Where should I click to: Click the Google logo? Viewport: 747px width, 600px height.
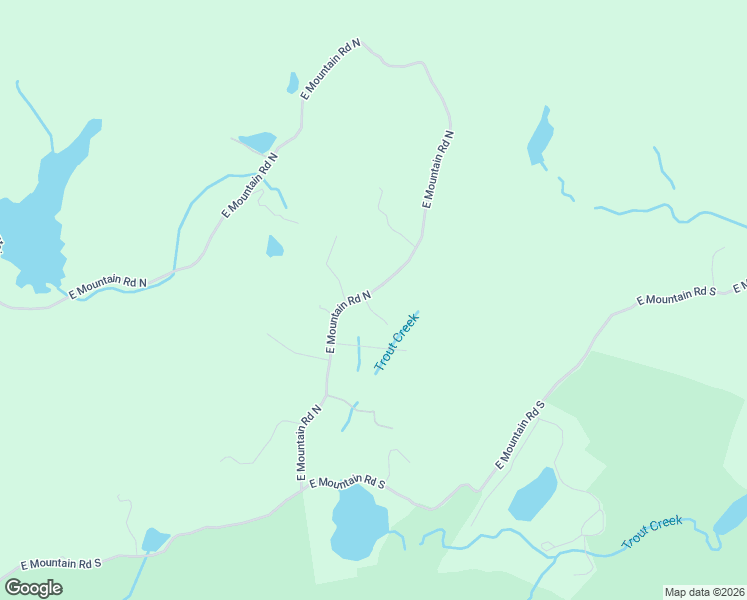pyautogui.click(x=33, y=588)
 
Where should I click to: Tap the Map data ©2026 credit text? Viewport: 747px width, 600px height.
pyautogui.click(x=704, y=591)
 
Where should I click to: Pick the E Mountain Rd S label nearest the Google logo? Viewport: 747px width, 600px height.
pyautogui.click(x=60, y=564)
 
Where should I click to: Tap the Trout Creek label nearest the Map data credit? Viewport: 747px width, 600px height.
pyautogui.click(x=653, y=531)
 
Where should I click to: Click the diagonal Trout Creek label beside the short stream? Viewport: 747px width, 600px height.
pyautogui.click(x=397, y=342)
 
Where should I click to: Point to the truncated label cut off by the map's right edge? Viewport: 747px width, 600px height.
pyautogui.click(x=740, y=288)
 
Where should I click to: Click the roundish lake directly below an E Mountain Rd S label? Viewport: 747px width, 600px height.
pyautogui.click(x=358, y=523)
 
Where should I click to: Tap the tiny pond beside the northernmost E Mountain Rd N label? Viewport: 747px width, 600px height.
pyautogui.click(x=292, y=83)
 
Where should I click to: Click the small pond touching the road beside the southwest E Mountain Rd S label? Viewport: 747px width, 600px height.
pyautogui.click(x=154, y=540)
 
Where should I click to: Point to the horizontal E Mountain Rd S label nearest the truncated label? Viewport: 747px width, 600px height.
pyautogui.click(x=677, y=297)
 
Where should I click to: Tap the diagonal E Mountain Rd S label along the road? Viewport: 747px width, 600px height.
pyautogui.click(x=520, y=436)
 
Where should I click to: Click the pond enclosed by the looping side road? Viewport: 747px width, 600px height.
pyautogui.click(x=533, y=495)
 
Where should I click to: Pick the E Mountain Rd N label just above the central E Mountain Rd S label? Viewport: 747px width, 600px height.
pyautogui.click(x=307, y=442)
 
